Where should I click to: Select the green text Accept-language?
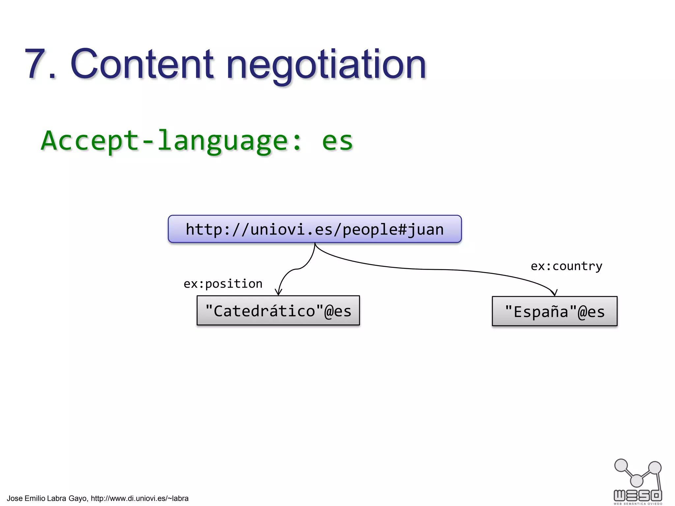(171, 141)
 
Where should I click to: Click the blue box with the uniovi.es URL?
(314, 229)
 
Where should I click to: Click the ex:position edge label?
(223, 284)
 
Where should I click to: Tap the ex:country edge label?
(566, 266)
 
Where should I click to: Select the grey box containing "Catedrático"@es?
(278, 311)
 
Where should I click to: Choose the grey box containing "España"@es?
(554, 311)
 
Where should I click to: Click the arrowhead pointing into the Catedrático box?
(279, 292)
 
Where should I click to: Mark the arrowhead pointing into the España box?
(554, 293)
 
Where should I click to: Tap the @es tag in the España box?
(591, 312)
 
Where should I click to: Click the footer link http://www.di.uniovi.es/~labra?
(139, 498)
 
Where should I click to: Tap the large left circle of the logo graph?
(621, 465)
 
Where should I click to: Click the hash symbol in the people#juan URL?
(402, 230)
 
